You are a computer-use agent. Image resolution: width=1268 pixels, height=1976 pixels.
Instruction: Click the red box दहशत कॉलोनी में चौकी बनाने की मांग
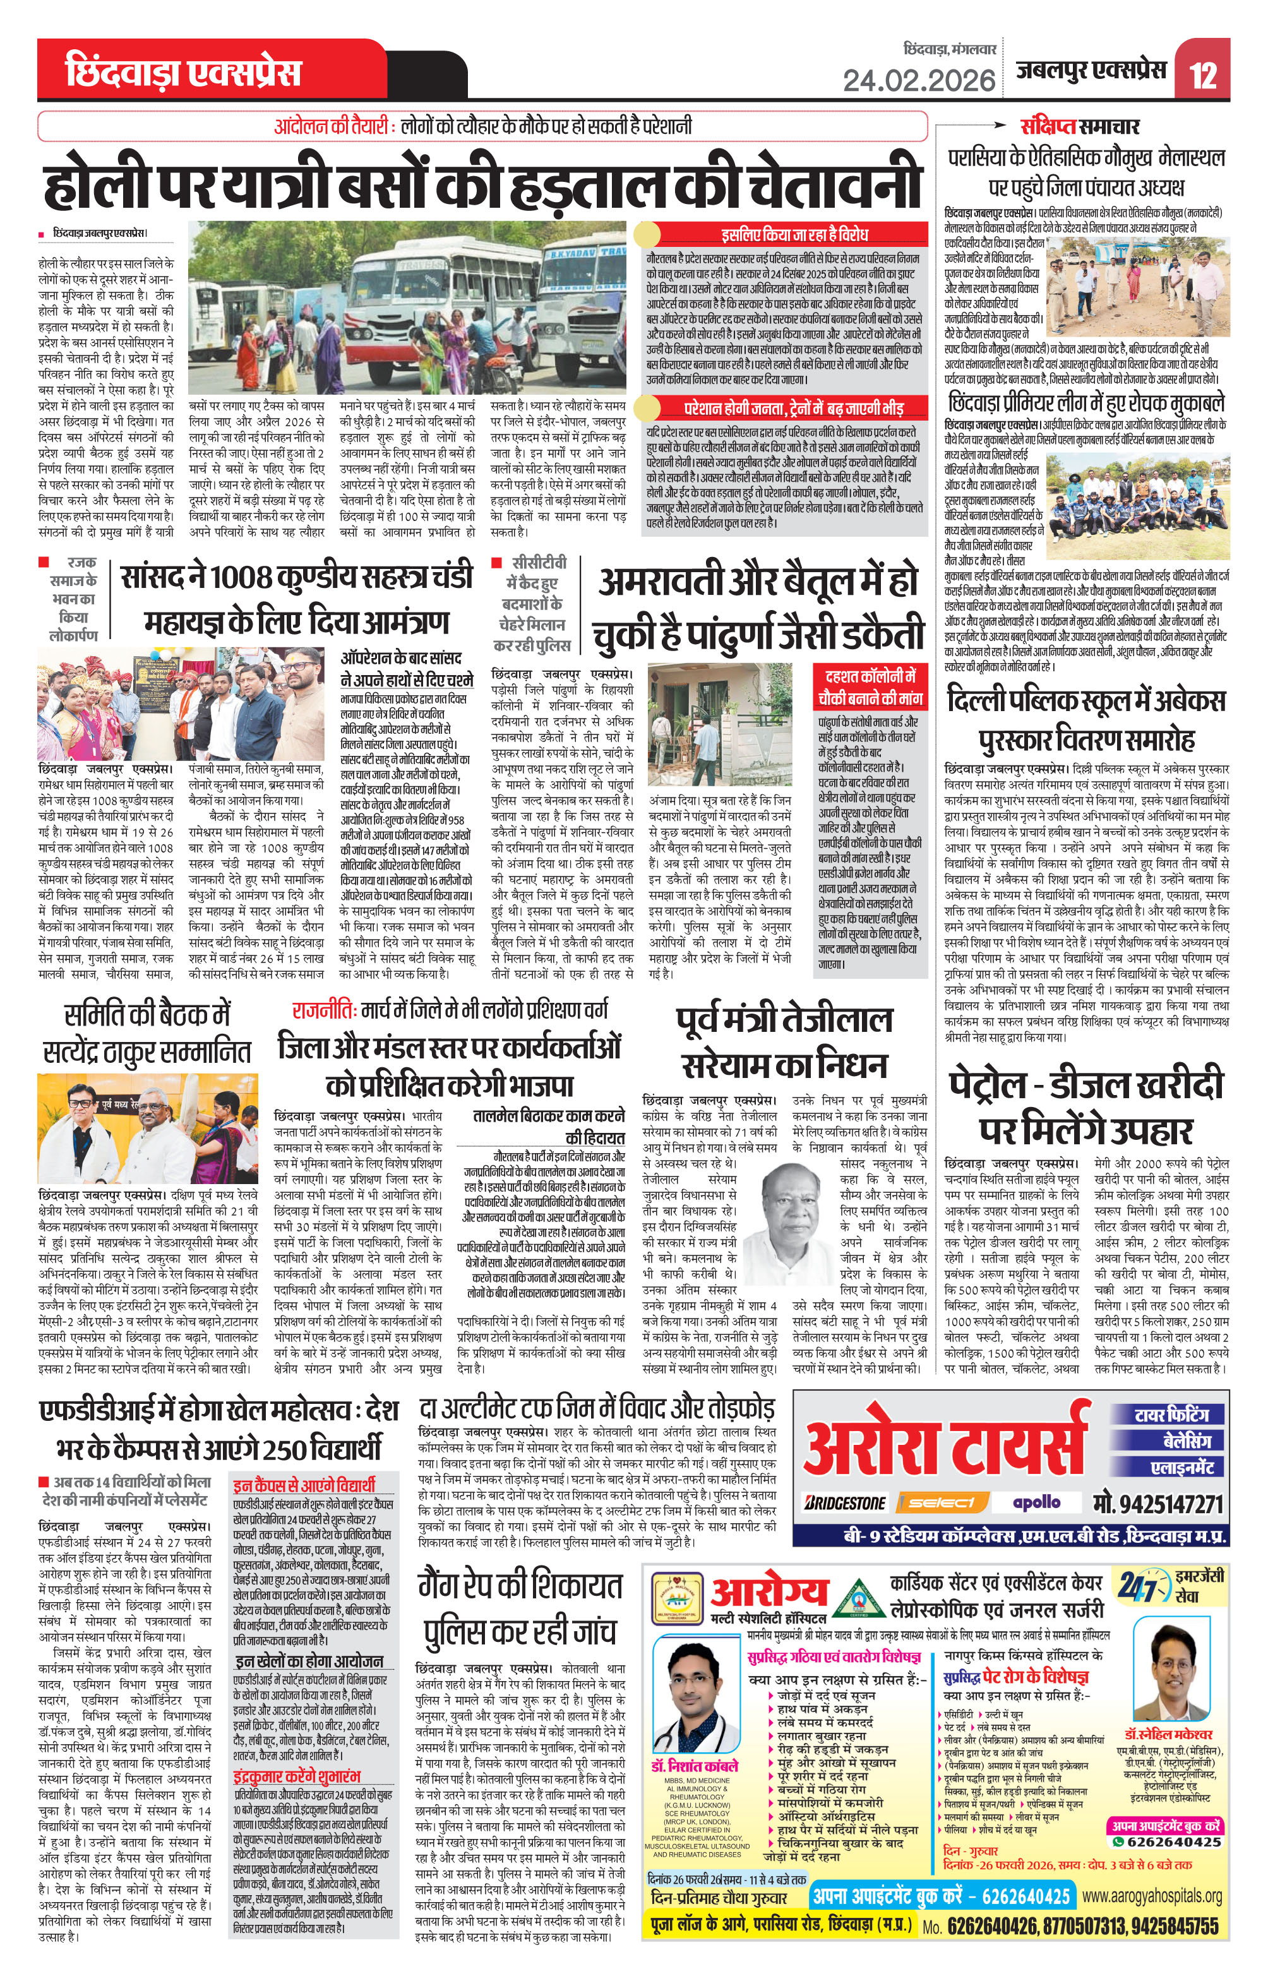870,686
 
